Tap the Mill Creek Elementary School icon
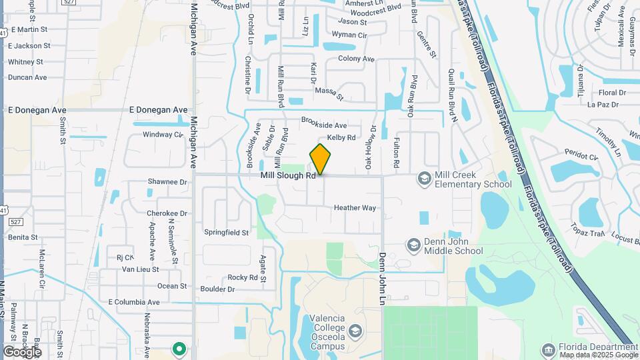coord(424,178)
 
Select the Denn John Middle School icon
coord(413,246)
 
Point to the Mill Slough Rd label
coord(287,175)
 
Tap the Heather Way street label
coord(355,208)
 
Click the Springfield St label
coord(226,233)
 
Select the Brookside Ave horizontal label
coord(324,125)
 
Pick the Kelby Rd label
coord(341,137)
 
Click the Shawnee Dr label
coord(167,181)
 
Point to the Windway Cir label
coord(163,135)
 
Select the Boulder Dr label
coord(217,289)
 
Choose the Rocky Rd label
coord(243,277)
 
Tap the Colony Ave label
coord(356,59)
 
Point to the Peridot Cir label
coord(581,156)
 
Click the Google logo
coord(22,351)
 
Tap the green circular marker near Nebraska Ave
coord(179,348)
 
